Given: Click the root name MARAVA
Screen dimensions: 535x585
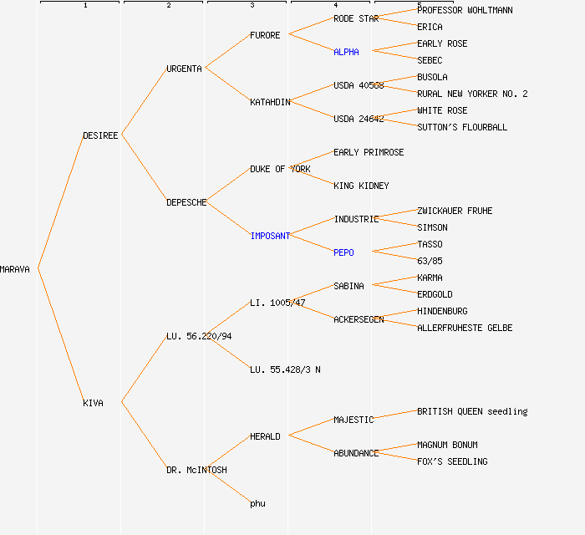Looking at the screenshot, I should coord(15,269).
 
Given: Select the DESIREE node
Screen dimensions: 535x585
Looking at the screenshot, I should coord(100,135).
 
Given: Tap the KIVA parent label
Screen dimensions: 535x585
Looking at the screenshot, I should coord(93,403).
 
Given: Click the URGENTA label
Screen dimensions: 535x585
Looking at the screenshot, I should coord(184,69).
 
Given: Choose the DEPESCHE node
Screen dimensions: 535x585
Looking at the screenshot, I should coord(186,202).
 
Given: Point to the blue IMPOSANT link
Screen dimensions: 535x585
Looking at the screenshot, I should coord(270,236).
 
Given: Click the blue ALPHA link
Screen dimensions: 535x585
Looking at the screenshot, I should coord(346,52).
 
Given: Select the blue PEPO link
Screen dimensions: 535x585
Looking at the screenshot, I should coord(343,252).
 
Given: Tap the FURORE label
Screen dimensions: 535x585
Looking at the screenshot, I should coord(265,35).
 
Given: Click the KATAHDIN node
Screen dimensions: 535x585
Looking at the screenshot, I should coord(270,102).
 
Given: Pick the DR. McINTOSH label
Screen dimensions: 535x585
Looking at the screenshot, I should coord(196,470).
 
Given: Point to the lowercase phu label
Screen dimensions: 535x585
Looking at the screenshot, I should coord(257,503).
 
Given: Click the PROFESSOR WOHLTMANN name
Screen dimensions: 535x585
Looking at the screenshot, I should coord(465,10).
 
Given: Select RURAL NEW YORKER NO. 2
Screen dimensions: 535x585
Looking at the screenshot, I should coord(472,94).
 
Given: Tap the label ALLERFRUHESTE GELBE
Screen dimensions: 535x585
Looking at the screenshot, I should coord(465,328).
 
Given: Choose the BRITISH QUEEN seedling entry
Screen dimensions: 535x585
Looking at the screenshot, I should coord(472,411).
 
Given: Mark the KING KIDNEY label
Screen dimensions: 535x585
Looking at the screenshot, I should coord(361,186).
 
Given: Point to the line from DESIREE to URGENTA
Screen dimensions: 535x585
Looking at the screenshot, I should coord(144,102).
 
